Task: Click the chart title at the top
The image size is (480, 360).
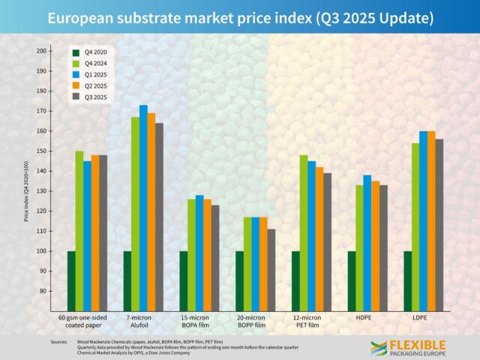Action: click(240, 18)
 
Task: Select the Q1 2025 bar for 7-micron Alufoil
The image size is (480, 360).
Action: click(143, 208)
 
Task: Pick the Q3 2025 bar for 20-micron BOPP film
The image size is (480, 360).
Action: click(271, 270)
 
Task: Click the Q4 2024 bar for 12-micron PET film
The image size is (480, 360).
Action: click(304, 232)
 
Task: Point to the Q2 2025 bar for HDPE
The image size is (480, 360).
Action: click(375, 245)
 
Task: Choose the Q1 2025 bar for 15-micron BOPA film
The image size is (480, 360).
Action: click(199, 253)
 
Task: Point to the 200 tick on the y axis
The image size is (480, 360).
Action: click(41, 51)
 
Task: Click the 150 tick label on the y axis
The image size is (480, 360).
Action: click(41, 151)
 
